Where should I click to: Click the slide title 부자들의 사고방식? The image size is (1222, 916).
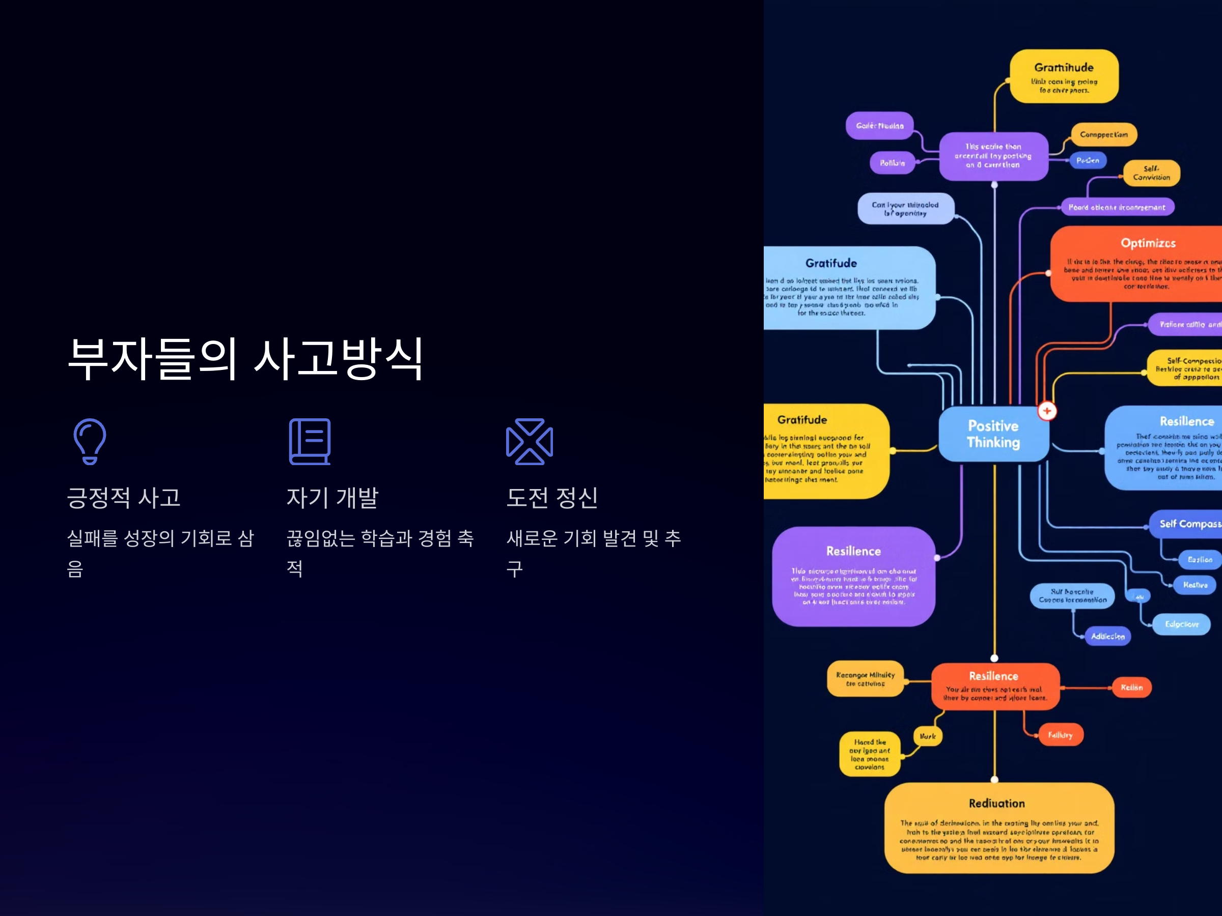(x=245, y=359)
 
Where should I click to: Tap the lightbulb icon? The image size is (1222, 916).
(x=90, y=441)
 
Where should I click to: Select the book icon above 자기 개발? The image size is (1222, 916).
(x=310, y=441)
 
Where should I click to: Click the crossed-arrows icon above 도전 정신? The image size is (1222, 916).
(x=529, y=441)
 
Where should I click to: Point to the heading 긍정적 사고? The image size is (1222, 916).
(x=124, y=498)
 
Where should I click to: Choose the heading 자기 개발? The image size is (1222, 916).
(x=332, y=498)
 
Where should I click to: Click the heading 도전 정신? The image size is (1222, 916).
(x=552, y=498)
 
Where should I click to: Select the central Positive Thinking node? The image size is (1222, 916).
(x=993, y=434)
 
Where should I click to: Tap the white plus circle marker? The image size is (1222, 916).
(x=1047, y=411)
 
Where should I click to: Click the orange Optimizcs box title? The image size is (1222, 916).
(x=1148, y=243)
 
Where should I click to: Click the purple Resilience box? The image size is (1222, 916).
(x=853, y=576)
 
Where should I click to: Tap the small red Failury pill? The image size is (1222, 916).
(x=1060, y=735)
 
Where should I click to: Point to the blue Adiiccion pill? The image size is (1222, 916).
(x=1107, y=636)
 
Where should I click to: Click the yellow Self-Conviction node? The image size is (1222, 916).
(x=1151, y=173)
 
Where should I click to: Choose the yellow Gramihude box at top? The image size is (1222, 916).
(x=1064, y=76)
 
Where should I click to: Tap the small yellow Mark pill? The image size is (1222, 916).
(x=928, y=736)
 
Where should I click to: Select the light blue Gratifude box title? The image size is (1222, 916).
(x=831, y=264)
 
